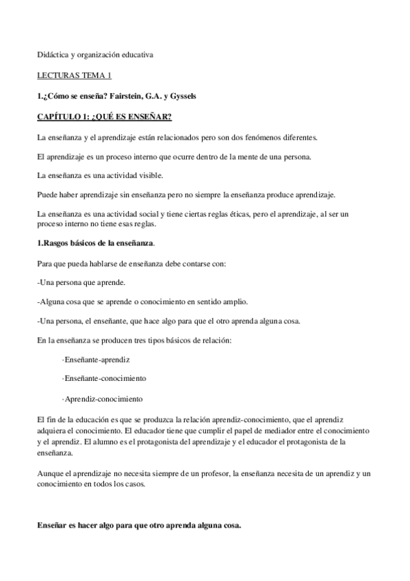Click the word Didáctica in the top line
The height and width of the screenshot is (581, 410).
point(52,54)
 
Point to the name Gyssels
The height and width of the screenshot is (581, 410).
point(181,96)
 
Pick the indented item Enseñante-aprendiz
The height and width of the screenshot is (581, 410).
point(96,359)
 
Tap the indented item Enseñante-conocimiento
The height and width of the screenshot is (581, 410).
point(103,378)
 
